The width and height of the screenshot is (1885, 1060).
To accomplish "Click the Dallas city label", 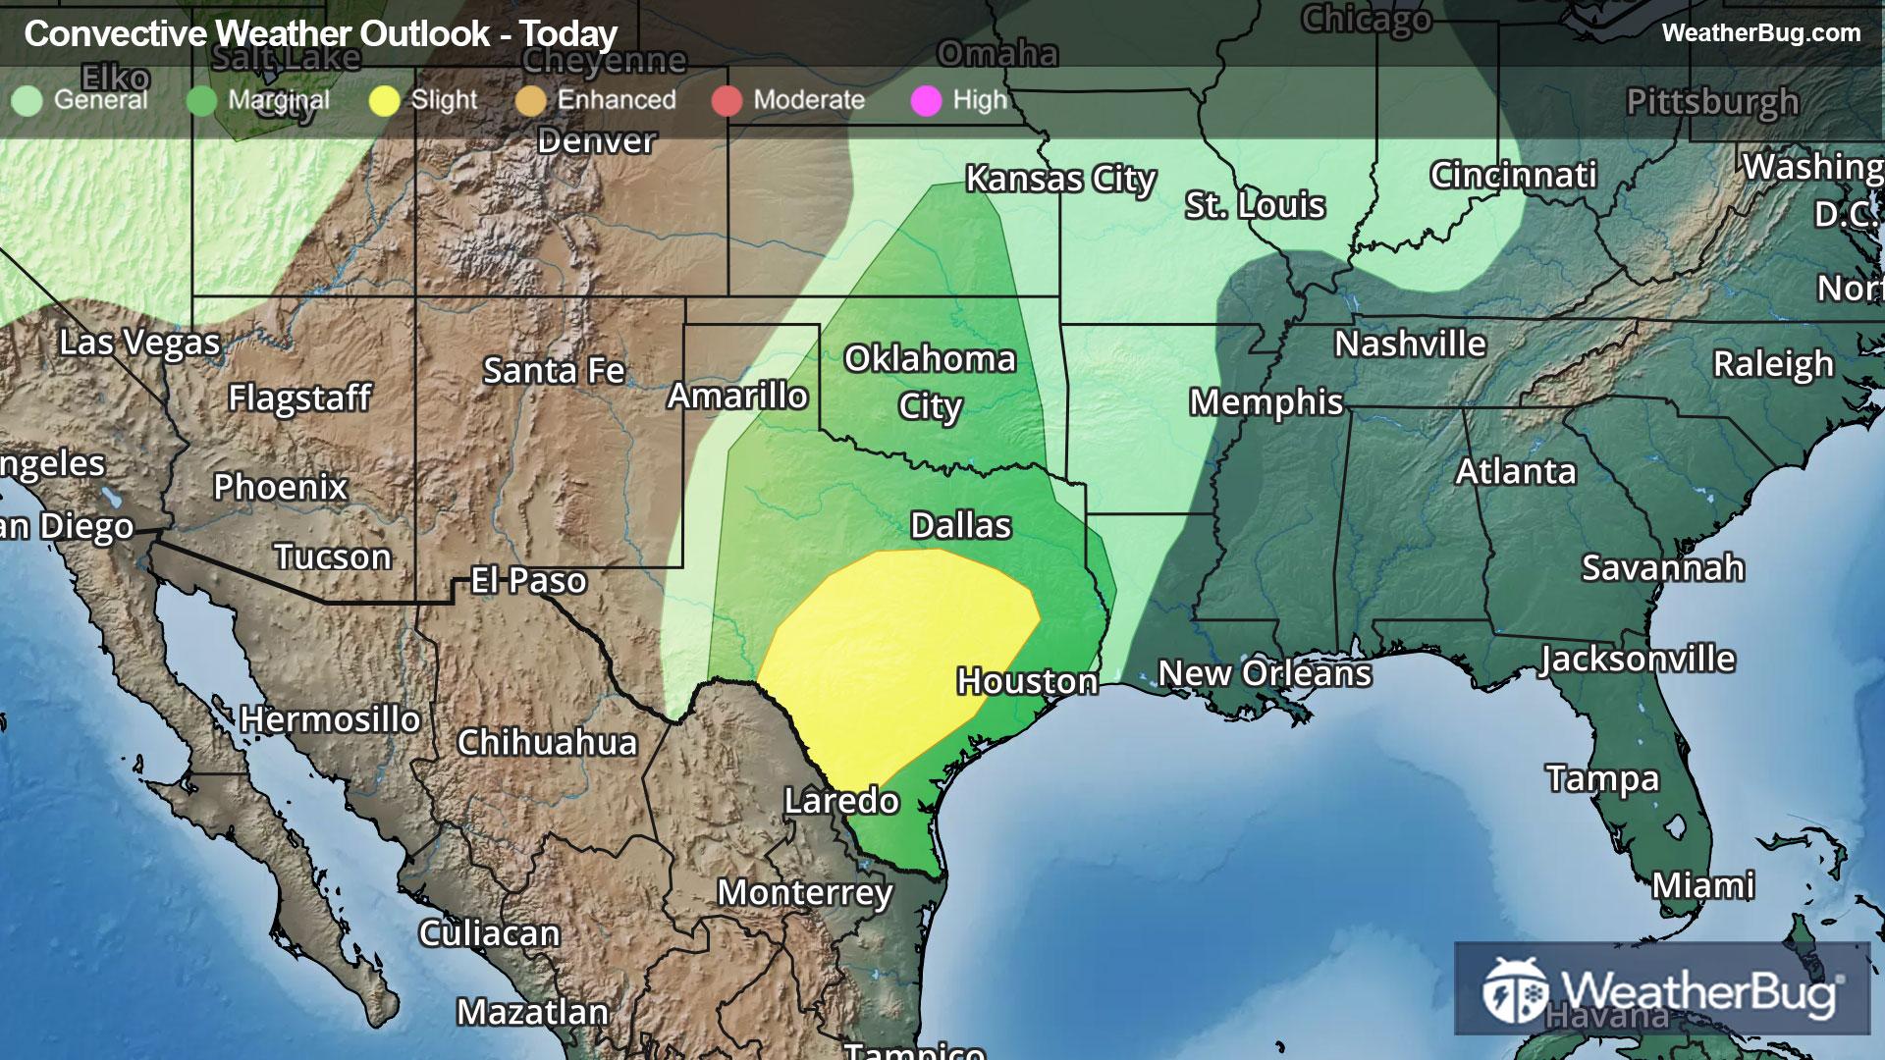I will (x=960, y=526).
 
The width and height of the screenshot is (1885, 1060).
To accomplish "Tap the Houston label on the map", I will (x=1027, y=681).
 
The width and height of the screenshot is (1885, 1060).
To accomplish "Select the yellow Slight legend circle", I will (x=384, y=101).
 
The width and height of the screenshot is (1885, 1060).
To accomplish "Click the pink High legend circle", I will (x=926, y=101).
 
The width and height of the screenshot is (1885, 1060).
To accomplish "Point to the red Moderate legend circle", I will (x=727, y=101).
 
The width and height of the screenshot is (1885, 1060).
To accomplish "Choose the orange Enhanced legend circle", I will (x=530, y=101).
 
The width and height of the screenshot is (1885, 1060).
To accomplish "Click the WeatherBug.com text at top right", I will (x=1760, y=33).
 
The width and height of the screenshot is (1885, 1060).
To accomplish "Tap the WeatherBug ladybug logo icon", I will (x=1515, y=991).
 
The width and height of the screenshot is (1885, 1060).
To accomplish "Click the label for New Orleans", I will (x=1265, y=674).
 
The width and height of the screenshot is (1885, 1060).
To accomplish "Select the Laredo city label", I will (x=841, y=801).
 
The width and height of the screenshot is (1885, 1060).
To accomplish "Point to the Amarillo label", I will (x=737, y=397).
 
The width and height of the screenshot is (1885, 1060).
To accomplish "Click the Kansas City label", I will (x=1060, y=180).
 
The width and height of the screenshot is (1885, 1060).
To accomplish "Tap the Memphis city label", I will (x=1266, y=402).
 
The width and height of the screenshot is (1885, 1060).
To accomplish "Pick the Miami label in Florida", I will (x=1702, y=886).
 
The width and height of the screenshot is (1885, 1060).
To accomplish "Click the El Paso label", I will (x=528, y=581).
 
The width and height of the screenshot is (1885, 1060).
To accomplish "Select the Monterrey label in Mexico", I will (x=805, y=893).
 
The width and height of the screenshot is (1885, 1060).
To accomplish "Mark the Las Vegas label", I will (x=139, y=344).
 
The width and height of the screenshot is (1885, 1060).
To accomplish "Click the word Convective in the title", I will (x=116, y=34).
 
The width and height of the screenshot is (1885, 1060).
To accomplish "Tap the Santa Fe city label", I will (x=554, y=371).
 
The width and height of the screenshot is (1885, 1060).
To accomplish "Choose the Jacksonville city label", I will (x=1637, y=660).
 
